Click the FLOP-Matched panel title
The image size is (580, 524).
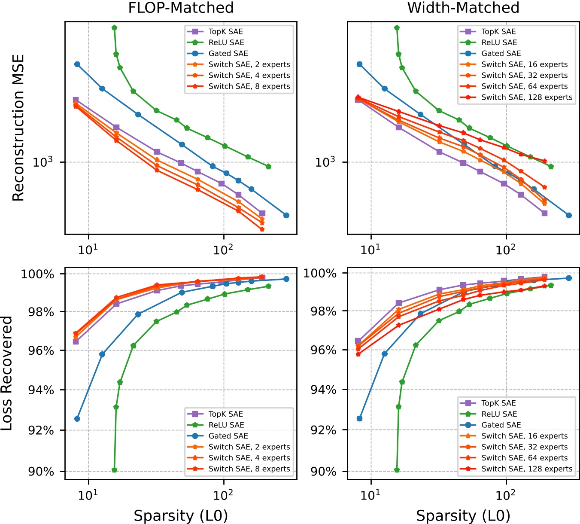pos(181,8)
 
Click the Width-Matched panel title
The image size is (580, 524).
pos(463,8)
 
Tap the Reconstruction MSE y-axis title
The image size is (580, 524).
pos(18,128)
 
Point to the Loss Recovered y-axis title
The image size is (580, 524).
pos(7,373)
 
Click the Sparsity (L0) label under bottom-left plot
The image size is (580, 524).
pos(181,515)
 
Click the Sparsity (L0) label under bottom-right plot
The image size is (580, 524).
pos(463,515)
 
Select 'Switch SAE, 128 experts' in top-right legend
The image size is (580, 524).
pos(527,97)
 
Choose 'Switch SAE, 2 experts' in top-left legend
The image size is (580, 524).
pos(249,64)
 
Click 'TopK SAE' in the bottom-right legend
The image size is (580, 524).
pos(498,403)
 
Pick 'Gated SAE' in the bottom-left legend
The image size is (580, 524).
pos(228,436)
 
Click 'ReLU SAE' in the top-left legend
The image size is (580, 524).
pos(226,43)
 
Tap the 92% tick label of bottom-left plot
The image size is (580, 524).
pos(41,430)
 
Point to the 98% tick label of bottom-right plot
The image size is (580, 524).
pos(324,311)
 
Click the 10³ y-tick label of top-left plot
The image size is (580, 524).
pos(43,162)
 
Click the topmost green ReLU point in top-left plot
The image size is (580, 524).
pos(114,28)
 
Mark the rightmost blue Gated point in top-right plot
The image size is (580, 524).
pos(569,215)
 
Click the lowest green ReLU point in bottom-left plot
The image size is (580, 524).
pos(114,470)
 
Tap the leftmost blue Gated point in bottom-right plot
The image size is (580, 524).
pos(360,418)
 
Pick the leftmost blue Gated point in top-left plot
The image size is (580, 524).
pos(77,64)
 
